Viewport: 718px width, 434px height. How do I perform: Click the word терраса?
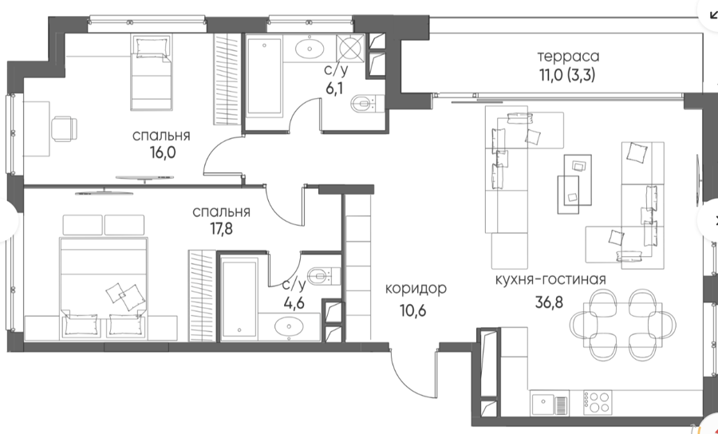pos(568,57)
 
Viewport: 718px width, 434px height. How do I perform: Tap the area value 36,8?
pos(549,302)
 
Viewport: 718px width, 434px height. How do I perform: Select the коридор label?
pos(416,289)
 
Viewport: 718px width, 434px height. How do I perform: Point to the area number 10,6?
pos(413,310)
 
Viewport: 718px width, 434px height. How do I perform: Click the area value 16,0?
pos(163,152)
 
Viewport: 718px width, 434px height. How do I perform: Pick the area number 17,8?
pos(221,228)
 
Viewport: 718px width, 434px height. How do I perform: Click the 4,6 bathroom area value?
pos(294,303)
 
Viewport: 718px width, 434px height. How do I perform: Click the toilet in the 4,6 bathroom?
pos(324,275)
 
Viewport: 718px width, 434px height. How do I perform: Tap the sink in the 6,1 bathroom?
pos(310,48)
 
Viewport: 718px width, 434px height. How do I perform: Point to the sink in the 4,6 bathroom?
pos(289,327)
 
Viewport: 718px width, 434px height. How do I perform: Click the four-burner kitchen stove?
pos(598,402)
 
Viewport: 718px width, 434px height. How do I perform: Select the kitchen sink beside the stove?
pos(550,402)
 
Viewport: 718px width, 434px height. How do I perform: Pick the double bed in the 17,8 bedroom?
pos(104,288)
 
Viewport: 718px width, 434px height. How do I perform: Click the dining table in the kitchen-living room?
pos(623,325)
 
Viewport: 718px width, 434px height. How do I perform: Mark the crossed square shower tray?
pos(350,47)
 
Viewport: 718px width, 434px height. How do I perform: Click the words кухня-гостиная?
pos(550,279)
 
